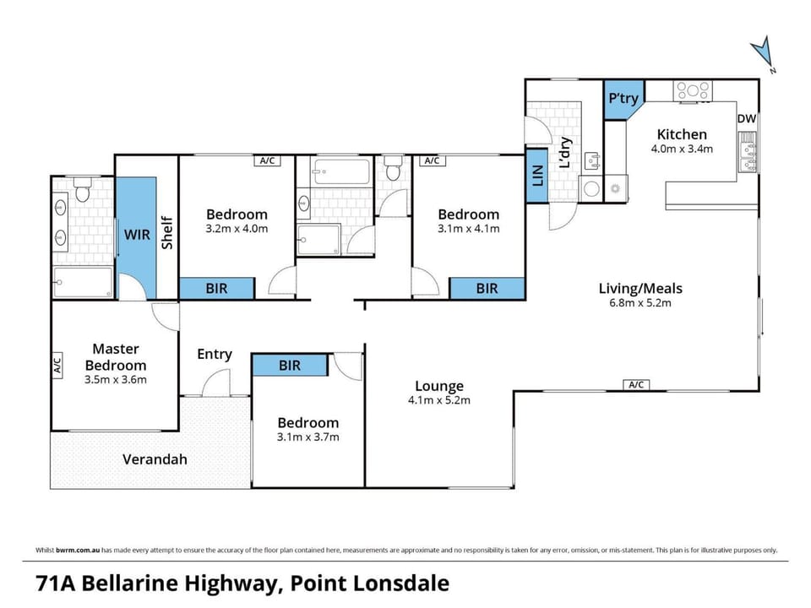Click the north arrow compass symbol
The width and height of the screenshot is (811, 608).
[x=762, y=52]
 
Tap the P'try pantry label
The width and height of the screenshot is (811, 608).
[x=623, y=98]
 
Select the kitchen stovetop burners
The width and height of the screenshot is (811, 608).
[x=693, y=91]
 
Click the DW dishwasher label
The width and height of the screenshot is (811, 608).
[x=746, y=118]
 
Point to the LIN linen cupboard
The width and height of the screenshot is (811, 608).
[x=537, y=176]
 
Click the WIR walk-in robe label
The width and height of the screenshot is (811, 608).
[x=137, y=235]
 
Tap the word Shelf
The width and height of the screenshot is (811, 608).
[x=166, y=233]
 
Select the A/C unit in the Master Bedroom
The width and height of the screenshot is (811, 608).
[x=57, y=365]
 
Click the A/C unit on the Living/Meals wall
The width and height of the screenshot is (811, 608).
[x=636, y=385]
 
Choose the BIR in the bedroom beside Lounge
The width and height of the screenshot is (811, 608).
[x=290, y=366]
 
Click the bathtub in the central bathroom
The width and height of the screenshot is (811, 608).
[x=341, y=171]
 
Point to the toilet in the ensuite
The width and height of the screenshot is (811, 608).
[x=82, y=190]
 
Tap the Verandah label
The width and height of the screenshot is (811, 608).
[x=155, y=459]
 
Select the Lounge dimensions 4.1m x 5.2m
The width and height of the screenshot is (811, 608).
[x=439, y=400]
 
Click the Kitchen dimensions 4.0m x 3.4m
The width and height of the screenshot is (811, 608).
[x=682, y=149]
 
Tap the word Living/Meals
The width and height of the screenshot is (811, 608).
[x=640, y=289]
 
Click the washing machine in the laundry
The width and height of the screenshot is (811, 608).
[x=591, y=188]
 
